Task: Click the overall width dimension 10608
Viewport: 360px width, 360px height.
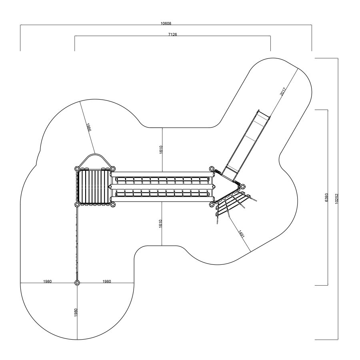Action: click(x=166, y=24)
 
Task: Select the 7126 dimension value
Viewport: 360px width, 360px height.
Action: click(x=173, y=34)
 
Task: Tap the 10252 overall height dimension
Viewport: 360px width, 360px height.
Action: click(x=336, y=198)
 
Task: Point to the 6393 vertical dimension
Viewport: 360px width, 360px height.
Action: click(x=326, y=198)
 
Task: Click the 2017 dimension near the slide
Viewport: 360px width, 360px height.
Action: click(x=283, y=91)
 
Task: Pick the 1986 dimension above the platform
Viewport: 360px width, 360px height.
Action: click(x=89, y=127)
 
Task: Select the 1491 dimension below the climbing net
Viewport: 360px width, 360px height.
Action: click(x=241, y=234)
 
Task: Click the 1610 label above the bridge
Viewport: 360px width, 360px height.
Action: click(x=161, y=150)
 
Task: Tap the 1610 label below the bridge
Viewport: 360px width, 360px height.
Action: click(x=160, y=224)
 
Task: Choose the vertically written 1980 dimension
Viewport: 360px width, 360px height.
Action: click(x=76, y=312)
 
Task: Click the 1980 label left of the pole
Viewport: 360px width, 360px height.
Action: click(x=48, y=282)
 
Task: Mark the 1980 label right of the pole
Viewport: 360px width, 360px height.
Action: click(x=106, y=282)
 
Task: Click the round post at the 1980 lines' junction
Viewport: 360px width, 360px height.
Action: click(x=77, y=283)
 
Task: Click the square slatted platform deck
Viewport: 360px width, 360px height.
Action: click(x=94, y=186)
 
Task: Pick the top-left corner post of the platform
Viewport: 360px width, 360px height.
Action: click(x=77, y=169)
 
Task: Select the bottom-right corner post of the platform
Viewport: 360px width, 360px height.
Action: click(x=112, y=204)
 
